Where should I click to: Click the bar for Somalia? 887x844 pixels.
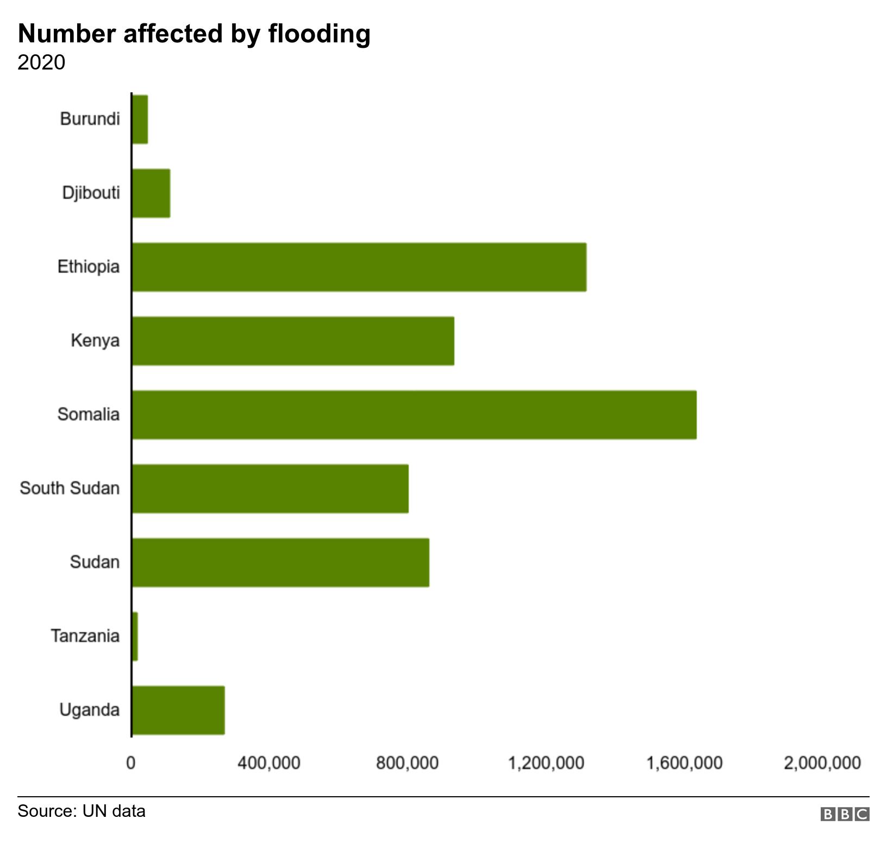click(414, 414)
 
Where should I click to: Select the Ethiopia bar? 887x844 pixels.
click(359, 267)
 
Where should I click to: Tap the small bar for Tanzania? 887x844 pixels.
click(135, 636)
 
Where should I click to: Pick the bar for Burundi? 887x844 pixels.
click(140, 119)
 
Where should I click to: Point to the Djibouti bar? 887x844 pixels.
click(151, 193)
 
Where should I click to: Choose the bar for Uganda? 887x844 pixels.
click(178, 710)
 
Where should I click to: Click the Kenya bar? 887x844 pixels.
click(293, 341)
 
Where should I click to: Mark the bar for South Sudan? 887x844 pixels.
click(270, 488)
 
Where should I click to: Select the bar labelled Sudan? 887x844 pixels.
click(280, 562)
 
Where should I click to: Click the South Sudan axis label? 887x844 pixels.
click(70, 488)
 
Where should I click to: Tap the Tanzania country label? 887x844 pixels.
click(85, 636)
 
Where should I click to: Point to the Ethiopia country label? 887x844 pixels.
click(89, 267)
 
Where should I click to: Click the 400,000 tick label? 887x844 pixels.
click(269, 763)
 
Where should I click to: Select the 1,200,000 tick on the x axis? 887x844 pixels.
click(546, 763)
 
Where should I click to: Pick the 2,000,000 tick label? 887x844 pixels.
click(822, 763)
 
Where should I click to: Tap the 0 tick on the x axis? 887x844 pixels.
click(131, 763)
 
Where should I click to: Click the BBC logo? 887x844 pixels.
click(845, 814)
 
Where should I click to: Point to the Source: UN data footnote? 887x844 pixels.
click(82, 811)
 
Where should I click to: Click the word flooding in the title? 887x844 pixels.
click(319, 34)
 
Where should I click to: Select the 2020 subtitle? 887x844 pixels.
click(41, 62)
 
